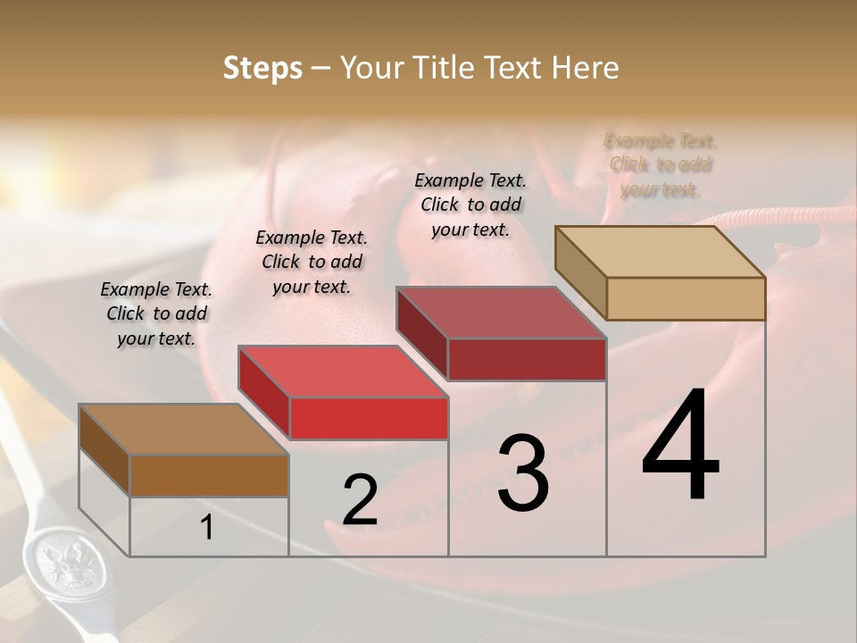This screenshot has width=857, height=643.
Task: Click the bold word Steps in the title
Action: point(262,68)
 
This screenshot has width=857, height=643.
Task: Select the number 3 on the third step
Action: point(523,473)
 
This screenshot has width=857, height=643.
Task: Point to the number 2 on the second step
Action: point(360,500)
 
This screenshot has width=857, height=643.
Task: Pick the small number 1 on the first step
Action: point(207,528)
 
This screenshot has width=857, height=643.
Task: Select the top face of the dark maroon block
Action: point(501,313)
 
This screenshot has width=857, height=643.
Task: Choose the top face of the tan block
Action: point(660,253)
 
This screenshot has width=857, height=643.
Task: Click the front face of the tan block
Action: point(686,298)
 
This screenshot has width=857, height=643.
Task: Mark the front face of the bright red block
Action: point(369,418)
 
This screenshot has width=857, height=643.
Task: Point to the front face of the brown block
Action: point(209,475)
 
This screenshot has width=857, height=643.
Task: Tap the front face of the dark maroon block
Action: point(527,359)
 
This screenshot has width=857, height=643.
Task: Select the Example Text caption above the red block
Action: point(312,262)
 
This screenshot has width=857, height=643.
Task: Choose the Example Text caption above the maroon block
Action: point(470,205)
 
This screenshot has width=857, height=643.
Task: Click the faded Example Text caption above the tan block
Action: point(661,165)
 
